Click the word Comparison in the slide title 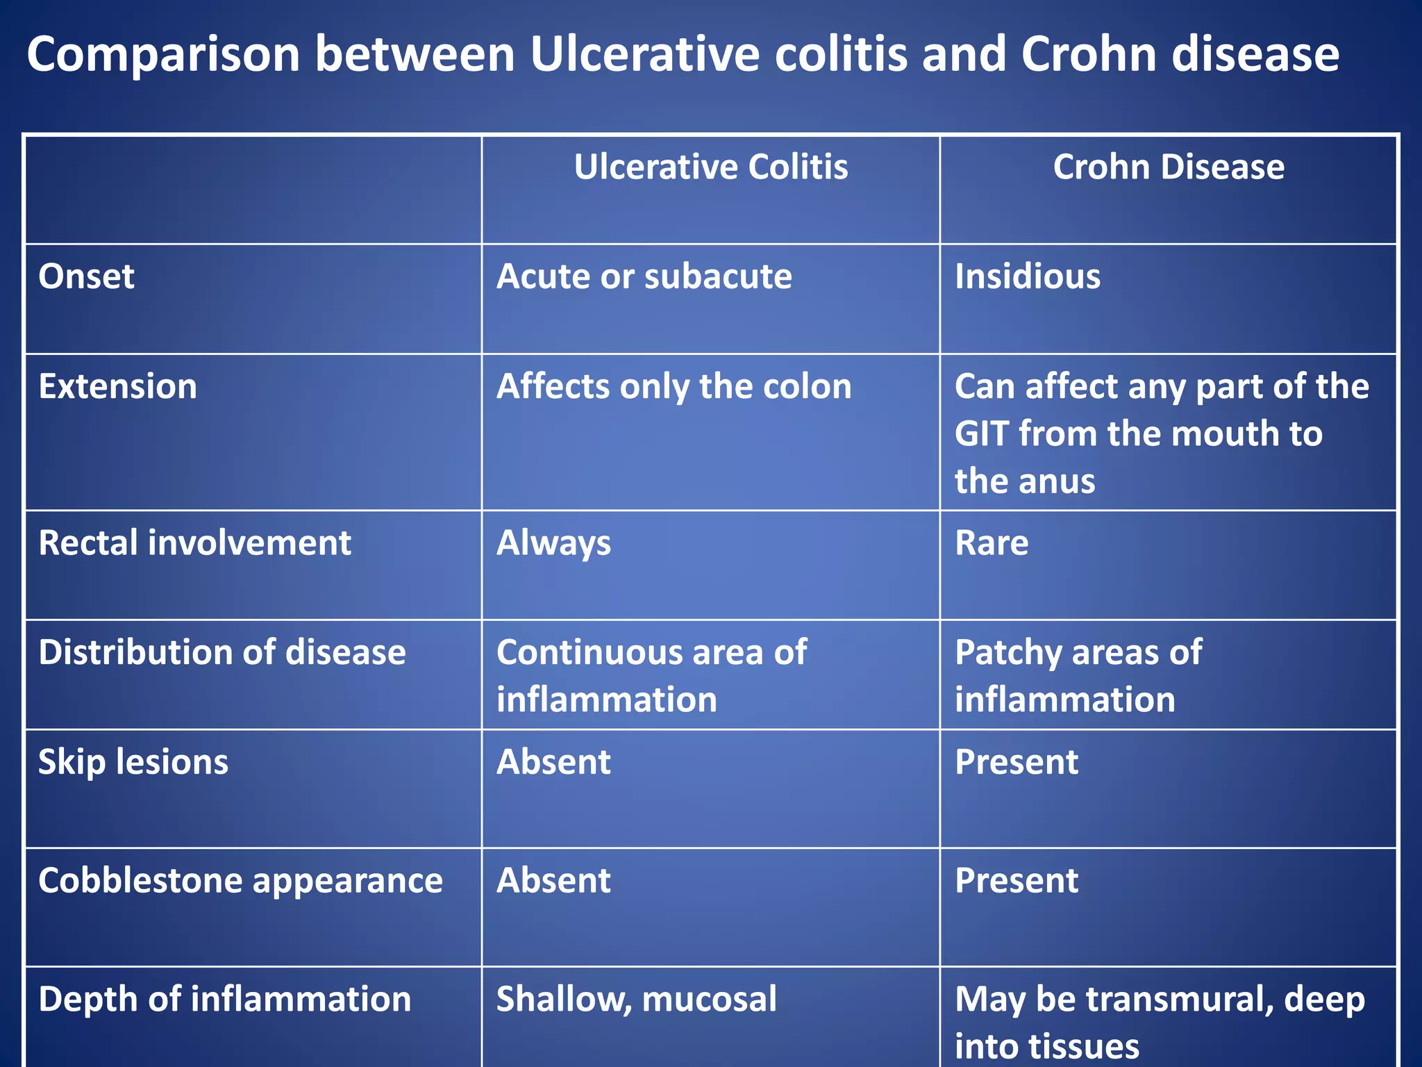point(163,54)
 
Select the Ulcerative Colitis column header point(710,167)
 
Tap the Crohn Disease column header point(1169,167)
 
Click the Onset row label point(86,276)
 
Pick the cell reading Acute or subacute point(644,276)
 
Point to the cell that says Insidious point(1027,276)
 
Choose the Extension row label point(117,386)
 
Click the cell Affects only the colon point(674,386)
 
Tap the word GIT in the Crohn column point(981,433)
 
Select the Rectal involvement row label point(194,543)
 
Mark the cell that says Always point(553,543)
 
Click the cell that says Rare point(991,543)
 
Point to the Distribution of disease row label point(221,652)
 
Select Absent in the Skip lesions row point(553,762)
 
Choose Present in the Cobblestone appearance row point(1016,881)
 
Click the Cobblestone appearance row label point(240,881)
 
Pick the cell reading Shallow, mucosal point(636,1000)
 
